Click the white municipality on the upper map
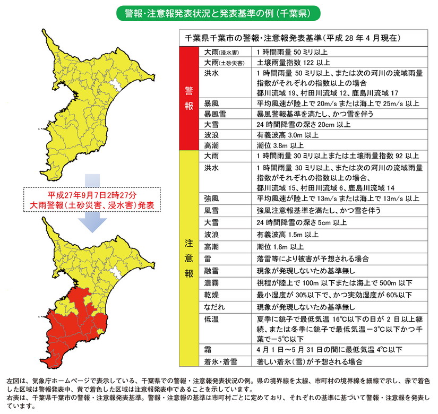click(114, 84)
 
